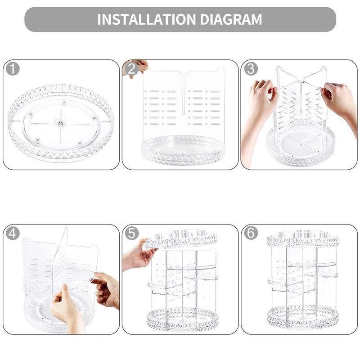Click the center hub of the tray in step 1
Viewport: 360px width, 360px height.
click(60, 122)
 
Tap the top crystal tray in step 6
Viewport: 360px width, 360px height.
click(302, 238)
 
